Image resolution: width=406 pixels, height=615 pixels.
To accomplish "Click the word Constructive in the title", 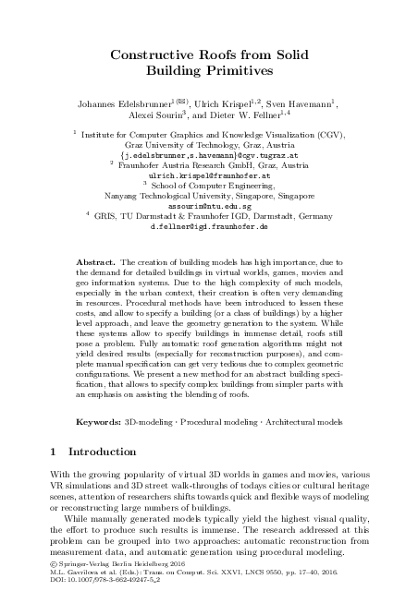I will (149, 55).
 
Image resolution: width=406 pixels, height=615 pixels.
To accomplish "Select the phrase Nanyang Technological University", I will (163, 196).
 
